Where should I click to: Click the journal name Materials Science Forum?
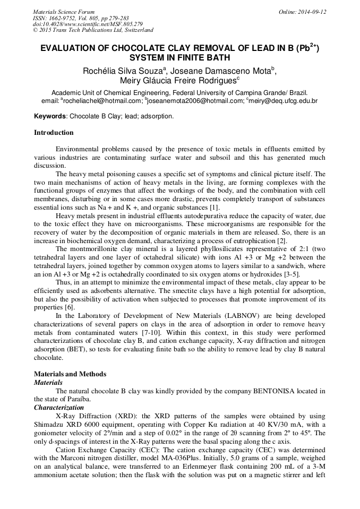tap(64, 12)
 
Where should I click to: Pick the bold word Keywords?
tap(50, 116)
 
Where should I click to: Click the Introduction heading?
tap(54, 133)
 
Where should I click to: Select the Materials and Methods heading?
tap(70, 374)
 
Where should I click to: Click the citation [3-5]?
tap(290, 274)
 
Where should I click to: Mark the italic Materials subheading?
tap(48, 382)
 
